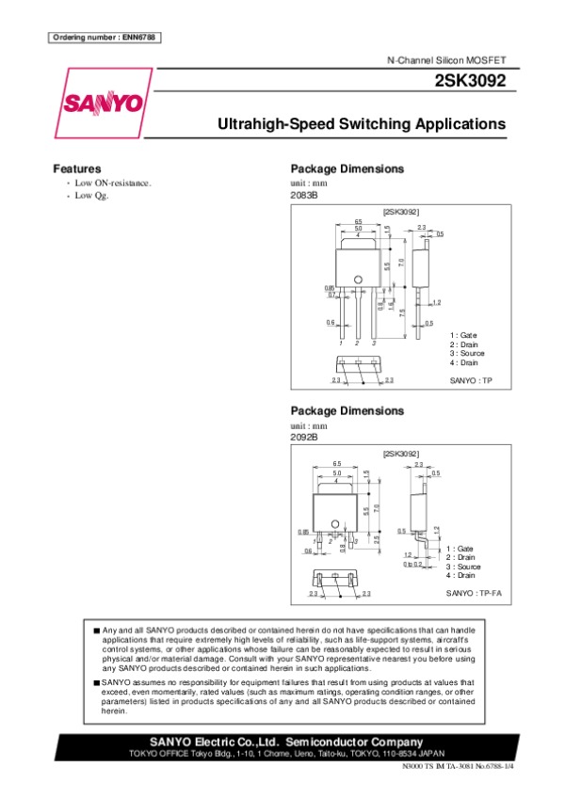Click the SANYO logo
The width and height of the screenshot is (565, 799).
coord(104,102)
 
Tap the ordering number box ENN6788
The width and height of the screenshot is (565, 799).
coord(103,37)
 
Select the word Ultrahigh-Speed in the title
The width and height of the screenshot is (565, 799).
coord(276,124)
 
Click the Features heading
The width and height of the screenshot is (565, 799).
coord(77,168)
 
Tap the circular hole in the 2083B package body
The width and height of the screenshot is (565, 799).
coord(358,278)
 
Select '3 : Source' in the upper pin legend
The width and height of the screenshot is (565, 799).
coord(467,353)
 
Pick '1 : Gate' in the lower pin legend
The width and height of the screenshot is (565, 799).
coord(460,548)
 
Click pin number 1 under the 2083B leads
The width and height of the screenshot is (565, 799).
coord(342,344)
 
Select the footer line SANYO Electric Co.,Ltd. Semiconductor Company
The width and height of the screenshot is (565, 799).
coord(281,742)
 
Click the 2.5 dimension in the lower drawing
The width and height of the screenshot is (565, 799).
coord(376,538)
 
